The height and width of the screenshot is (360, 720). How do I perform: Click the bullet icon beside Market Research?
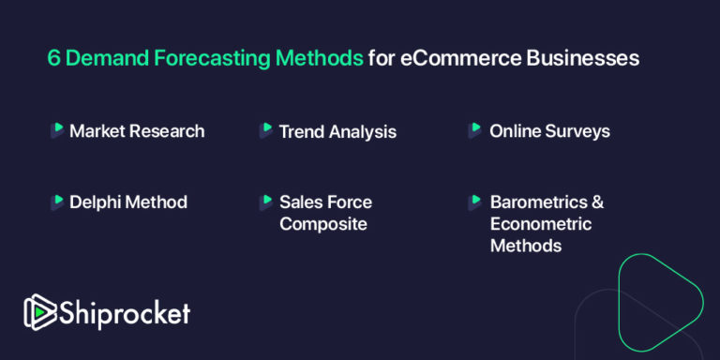[57, 130]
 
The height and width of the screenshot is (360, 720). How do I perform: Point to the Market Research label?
[137, 131]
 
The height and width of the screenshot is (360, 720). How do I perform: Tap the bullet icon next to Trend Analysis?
[266, 130]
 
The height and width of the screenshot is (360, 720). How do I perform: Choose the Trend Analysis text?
[337, 132]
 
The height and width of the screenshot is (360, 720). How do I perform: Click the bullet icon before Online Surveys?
[475, 130]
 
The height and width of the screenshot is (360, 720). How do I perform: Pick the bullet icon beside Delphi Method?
[57, 202]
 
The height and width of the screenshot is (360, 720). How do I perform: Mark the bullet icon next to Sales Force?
[266, 202]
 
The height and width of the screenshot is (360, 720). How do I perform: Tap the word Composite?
[322, 224]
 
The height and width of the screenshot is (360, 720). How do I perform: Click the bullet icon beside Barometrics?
[475, 202]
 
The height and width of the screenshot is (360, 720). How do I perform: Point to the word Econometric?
[541, 224]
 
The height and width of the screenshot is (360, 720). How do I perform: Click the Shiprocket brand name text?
[124, 313]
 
